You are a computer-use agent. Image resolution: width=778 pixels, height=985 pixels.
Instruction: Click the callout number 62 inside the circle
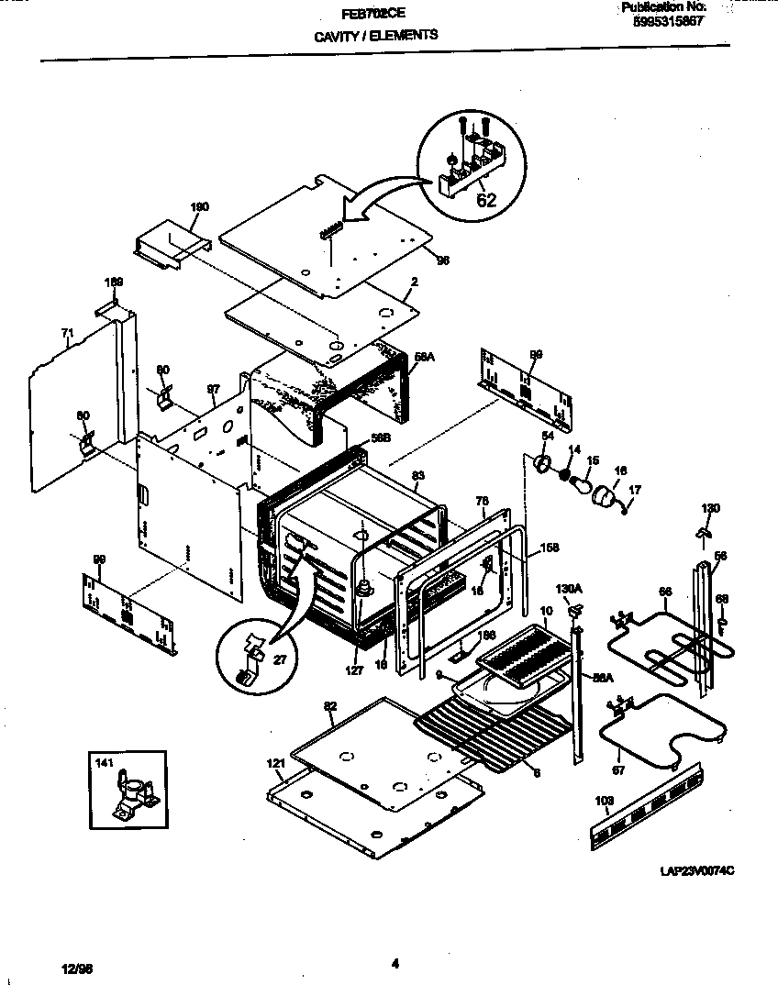(485, 201)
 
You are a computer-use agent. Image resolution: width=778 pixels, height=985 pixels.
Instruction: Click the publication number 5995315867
(669, 22)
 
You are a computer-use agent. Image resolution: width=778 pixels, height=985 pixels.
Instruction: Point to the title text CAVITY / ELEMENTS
(376, 35)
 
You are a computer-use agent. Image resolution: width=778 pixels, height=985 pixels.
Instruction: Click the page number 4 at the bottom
(395, 963)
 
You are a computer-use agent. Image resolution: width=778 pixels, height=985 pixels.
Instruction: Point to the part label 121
(274, 764)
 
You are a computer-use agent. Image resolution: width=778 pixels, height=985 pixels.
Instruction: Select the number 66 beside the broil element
(665, 592)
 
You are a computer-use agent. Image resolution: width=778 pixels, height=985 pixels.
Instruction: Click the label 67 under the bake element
(618, 770)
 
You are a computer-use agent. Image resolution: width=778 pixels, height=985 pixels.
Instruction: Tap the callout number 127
(355, 670)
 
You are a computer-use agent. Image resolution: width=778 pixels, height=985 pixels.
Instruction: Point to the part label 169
(113, 282)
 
